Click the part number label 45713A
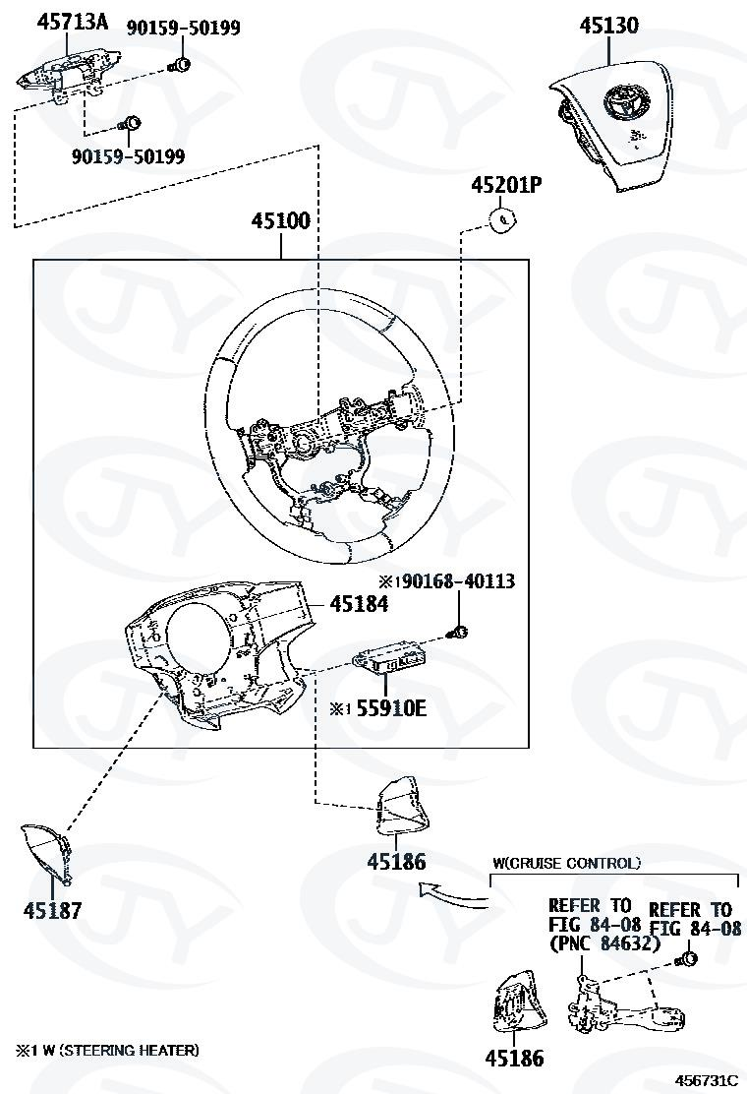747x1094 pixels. pos(73,21)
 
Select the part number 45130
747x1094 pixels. pos(608,26)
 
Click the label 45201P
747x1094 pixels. pos(506,185)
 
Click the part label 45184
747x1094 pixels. pos(358,604)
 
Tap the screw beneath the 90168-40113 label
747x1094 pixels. pos(457,632)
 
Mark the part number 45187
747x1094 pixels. pos(52,910)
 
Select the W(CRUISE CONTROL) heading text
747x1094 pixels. pos(566,863)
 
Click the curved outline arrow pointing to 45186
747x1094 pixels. pos(450,895)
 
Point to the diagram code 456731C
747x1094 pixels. pos(706,1079)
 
